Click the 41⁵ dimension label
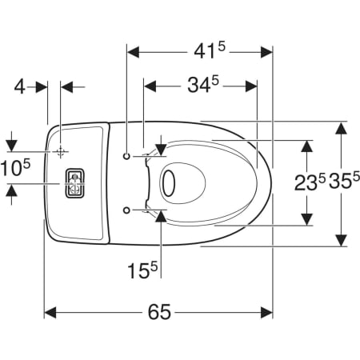[210, 50]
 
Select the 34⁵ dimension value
[203, 85]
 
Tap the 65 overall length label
[159, 312]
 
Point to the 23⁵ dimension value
[310, 182]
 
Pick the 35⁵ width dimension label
[344, 181]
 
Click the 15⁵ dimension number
[143, 270]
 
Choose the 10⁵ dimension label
[15, 167]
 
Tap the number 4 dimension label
[19, 86]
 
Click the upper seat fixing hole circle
[126, 156]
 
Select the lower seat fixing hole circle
[126, 210]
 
